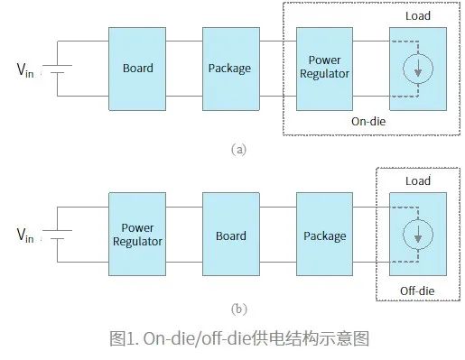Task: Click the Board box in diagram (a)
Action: tap(138, 69)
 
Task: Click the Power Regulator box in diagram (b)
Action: tap(138, 236)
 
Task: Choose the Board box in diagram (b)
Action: tap(232, 236)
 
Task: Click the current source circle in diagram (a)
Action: tap(417, 70)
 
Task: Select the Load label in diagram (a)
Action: tap(417, 16)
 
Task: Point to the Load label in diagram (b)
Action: tap(417, 180)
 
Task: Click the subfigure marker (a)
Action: tap(239, 149)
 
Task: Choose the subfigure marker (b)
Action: tap(239, 309)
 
